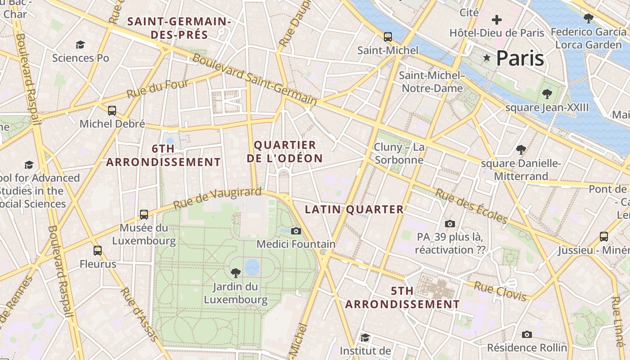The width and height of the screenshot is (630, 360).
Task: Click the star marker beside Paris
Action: click(x=486, y=58)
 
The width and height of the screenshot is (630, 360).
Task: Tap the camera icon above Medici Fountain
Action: click(x=296, y=231)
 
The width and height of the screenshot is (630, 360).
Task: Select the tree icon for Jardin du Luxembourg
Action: click(x=235, y=273)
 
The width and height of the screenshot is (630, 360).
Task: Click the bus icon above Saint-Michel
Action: click(x=387, y=36)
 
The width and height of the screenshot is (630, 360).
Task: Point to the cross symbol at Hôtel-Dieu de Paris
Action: click(x=497, y=20)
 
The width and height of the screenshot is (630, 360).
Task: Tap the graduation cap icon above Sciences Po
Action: click(x=80, y=45)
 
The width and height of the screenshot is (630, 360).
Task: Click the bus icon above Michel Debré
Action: click(x=112, y=110)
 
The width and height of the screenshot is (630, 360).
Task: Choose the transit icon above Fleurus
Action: click(x=98, y=251)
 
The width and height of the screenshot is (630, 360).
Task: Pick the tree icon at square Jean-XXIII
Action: click(x=547, y=94)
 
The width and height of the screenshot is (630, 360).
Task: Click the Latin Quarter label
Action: click(x=354, y=209)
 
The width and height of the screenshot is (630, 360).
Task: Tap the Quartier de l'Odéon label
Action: click(x=288, y=152)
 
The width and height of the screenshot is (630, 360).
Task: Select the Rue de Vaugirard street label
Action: click(x=217, y=198)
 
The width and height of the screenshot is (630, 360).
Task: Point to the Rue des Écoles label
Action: click(x=471, y=206)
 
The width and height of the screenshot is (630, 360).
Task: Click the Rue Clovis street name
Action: click(x=500, y=291)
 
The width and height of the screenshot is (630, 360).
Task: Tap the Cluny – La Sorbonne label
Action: click(x=399, y=153)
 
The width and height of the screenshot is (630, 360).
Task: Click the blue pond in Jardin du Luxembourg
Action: click(x=252, y=266)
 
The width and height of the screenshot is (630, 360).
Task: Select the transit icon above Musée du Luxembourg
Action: click(x=144, y=214)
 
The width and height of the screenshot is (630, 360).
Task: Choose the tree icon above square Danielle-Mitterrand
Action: click(x=521, y=149)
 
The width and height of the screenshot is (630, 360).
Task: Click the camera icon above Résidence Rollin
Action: click(x=527, y=334)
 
